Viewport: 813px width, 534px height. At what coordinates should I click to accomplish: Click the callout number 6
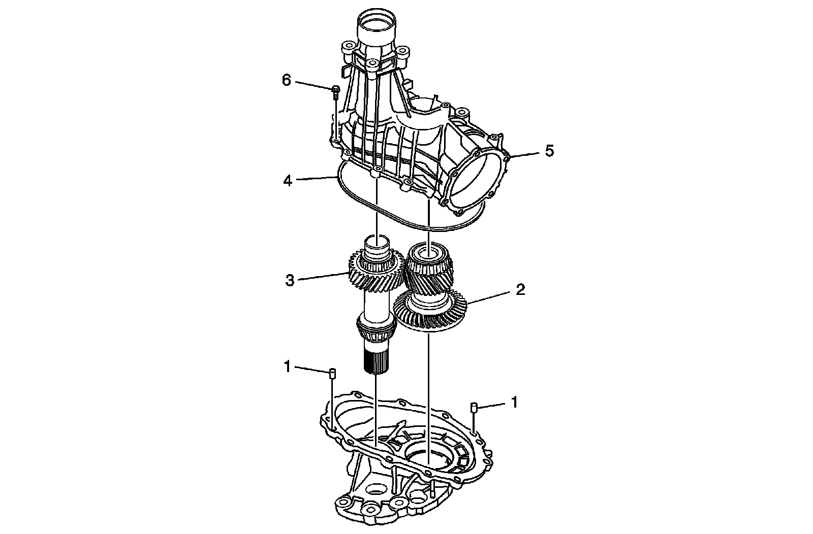[287, 80]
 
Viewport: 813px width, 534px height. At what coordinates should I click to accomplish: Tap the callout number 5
[549, 151]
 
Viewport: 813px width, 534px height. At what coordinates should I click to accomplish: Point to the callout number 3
[290, 281]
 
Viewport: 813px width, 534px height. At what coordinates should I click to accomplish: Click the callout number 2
[520, 290]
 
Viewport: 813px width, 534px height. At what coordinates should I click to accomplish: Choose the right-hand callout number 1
[514, 403]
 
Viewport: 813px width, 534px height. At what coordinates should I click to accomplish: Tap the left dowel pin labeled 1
[331, 374]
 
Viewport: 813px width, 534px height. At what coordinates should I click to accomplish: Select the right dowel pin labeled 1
[473, 407]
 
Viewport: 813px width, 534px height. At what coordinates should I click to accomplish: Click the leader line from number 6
[312, 85]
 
